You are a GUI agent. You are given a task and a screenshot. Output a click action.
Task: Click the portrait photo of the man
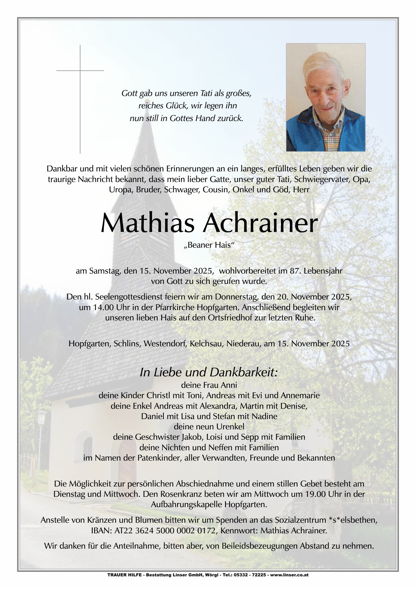326,97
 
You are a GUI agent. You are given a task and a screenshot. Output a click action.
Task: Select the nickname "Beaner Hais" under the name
209,245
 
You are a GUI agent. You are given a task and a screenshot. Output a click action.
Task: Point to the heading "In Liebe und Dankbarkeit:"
209,373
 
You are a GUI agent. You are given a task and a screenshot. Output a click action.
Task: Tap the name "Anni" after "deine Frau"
229,385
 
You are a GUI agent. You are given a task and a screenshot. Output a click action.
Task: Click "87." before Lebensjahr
295,271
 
